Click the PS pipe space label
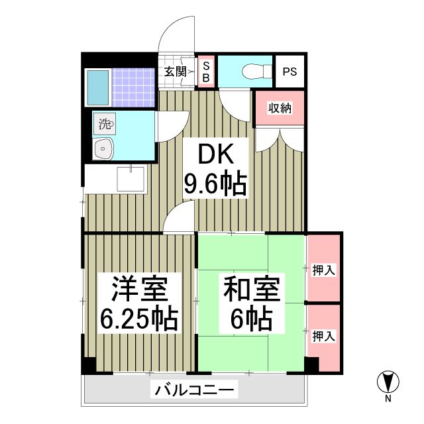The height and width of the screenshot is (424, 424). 290,72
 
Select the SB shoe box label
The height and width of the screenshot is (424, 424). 205,72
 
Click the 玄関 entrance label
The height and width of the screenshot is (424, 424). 176,72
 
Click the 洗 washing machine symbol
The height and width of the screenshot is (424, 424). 106,123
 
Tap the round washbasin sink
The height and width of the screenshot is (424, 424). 103,150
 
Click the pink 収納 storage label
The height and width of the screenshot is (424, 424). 279,108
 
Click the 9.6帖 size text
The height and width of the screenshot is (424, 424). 216,183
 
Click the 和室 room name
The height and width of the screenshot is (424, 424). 252,291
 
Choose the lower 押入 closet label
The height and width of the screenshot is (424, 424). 323,335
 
